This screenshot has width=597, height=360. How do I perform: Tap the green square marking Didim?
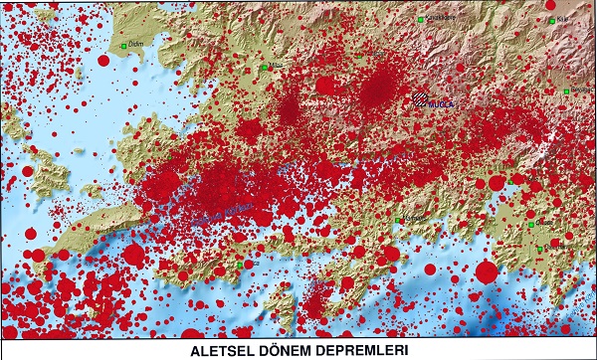point(124,46)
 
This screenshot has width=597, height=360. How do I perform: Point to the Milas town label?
point(276,67)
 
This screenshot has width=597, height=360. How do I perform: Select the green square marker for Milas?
point(264,67)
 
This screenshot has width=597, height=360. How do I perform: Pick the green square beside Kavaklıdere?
point(421,19)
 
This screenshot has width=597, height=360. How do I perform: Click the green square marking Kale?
point(550,19)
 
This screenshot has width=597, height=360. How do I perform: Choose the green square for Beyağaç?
point(566,91)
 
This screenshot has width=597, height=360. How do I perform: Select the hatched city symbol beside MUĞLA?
point(423,98)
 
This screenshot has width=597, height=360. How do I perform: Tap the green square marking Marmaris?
point(398,220)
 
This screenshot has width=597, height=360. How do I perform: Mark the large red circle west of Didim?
point(103,61)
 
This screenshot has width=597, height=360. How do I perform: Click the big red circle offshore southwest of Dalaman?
point(487,270)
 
